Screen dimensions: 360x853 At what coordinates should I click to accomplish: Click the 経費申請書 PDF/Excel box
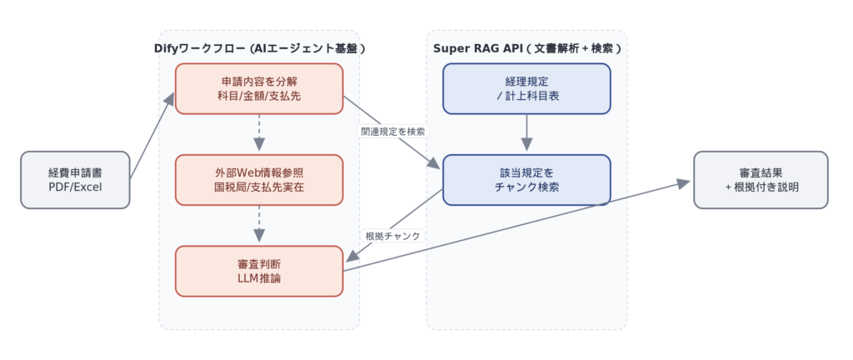[76, 179]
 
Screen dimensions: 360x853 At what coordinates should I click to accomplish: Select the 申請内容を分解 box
[259, 88]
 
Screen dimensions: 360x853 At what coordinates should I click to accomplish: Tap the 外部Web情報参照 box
[259, 179]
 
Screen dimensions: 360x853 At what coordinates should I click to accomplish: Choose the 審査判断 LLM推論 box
[259, 270]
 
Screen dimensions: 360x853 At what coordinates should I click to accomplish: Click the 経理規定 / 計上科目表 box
[526, 88]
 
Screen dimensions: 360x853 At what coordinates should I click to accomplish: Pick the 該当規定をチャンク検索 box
[526, 179]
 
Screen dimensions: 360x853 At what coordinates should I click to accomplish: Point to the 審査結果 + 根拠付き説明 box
[761, 179]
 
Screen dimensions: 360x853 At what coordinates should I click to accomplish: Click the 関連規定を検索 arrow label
[393, 132]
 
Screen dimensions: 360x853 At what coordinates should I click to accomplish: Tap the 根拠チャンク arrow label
[392, 236]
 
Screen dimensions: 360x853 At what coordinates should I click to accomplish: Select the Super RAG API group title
[527, 48]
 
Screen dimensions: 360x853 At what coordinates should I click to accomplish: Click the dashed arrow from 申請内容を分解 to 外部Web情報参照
[259, 133]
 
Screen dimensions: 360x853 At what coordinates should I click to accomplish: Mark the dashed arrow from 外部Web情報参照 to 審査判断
[259, 224]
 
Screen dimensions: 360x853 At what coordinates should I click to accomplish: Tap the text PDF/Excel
[76, 187]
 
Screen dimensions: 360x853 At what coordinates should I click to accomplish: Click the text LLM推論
[259, 278]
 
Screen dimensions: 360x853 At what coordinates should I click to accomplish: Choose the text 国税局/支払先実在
[259, 187]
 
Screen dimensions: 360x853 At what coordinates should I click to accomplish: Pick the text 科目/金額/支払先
[259, 97]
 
